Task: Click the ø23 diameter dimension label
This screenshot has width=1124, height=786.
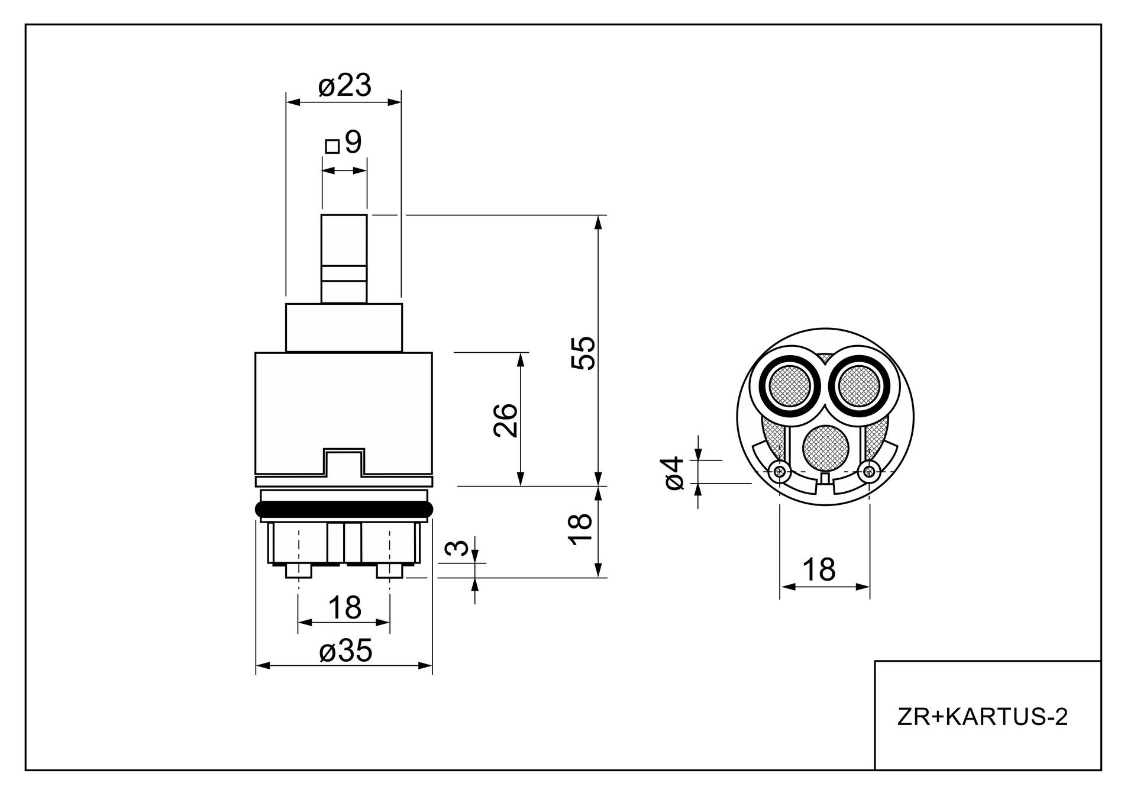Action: pyautogui.click(x=344, y=86)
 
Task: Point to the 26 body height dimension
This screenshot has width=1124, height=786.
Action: pyautogui.click(x=505, y=420)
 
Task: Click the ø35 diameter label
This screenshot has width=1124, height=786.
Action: pyautogui.click(x=345, y=652)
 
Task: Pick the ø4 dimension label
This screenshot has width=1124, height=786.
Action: pyautogui.click(x=674, y=473)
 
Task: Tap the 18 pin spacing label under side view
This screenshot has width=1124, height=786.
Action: pyautogui.click(x=344, y=607)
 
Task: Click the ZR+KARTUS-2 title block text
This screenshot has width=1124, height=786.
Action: pyautogui.click(x=983, y=717)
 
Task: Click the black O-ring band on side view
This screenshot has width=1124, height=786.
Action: pyautogui.click(x=344, y=508)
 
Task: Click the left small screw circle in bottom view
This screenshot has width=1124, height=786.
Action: pyautogui.click(x=780, y=472)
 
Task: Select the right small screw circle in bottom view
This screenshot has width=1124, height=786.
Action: pyautogui.click(x=868, y=472)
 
